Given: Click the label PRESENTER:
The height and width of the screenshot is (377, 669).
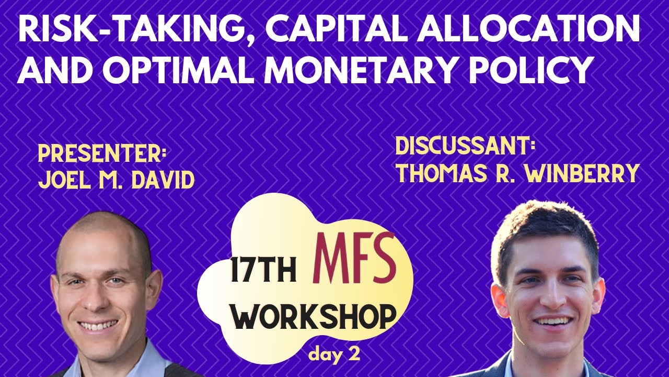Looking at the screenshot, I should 102,154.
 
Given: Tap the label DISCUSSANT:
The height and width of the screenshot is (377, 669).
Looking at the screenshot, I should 466,147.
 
